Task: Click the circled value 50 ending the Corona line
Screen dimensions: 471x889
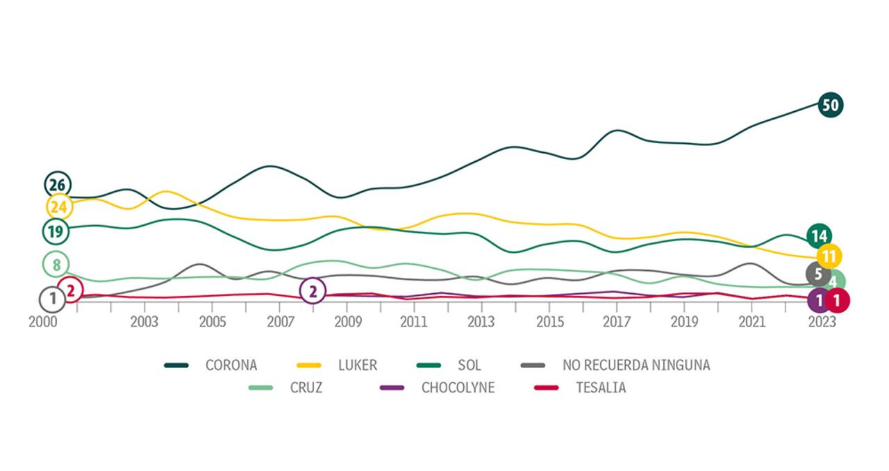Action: pyautogui.click(x=830, y=106)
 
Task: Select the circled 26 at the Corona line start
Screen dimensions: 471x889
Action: pyautogui.click(x=57, y=185)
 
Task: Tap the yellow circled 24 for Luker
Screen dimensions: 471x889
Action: pyautogui.click(x=58, y=206)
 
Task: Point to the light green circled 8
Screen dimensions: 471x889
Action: pyautogui.click(x=56, y=264)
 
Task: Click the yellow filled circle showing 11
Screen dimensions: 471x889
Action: pyautogui.click(x=829, y=256)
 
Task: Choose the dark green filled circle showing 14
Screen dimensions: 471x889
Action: pyautogui.click(x=819, y=236)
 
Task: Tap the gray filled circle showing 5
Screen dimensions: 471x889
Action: pyautogui.click(x=818, y=274)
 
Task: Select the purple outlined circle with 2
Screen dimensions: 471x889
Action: pyautogui.click(x=313, y=292)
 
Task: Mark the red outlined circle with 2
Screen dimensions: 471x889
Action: pyautogui.click(x=70, y=290)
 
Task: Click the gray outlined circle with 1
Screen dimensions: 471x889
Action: pyautogui.click(x=52, y=300)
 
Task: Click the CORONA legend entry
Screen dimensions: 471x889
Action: pyautogui.click(x=231, y=365)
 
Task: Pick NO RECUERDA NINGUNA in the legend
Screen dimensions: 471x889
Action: pyautogui.click(x=636, y=365)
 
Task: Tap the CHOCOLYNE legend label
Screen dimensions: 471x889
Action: pyautogui.click(x=458, y=388)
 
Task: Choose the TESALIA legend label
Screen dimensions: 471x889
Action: pyautogui.click(x=601, y=388)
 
